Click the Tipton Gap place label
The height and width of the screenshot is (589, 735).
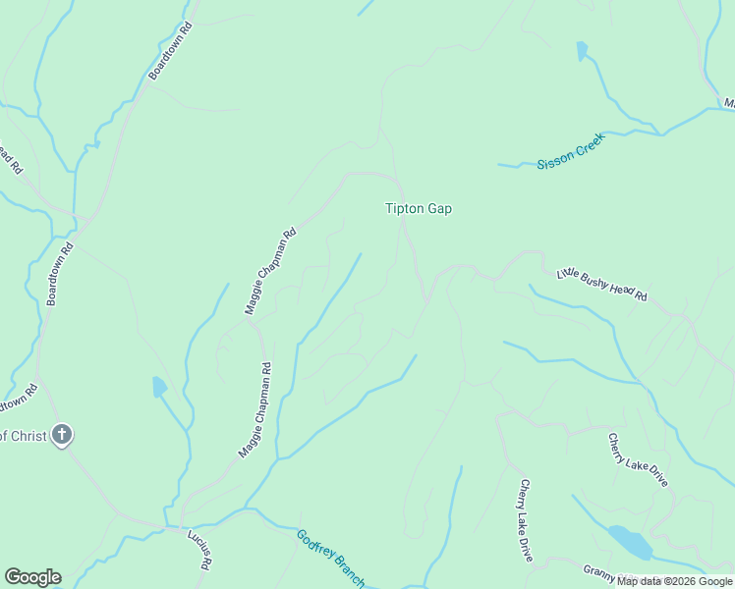coord(418,208)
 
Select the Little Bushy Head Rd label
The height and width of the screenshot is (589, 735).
coord(602,284)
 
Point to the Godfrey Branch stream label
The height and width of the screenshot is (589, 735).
coord(330,558)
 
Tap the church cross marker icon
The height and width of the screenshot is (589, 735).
coord(62,434)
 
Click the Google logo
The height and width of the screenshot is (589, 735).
coord(32,577)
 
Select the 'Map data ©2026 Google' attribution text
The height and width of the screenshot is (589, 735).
coord(674,581)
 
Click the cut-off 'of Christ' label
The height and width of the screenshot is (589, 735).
coord(23,435)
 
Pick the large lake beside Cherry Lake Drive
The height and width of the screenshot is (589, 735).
coord(629,540)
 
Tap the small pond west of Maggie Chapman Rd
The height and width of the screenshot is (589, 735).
coord(159,387)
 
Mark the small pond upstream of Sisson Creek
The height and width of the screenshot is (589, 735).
coord(582,50)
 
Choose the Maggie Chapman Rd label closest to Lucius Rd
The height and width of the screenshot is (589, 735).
coord(254,410)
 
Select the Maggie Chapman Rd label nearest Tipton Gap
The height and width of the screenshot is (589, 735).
coord(269,272)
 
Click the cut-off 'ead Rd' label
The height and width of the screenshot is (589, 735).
coord(10,157)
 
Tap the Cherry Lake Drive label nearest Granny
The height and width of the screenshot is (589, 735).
coord(526,520)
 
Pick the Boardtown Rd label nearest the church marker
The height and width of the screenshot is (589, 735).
coord(60,274)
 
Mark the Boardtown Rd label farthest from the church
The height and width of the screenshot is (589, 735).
coord(171,51)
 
